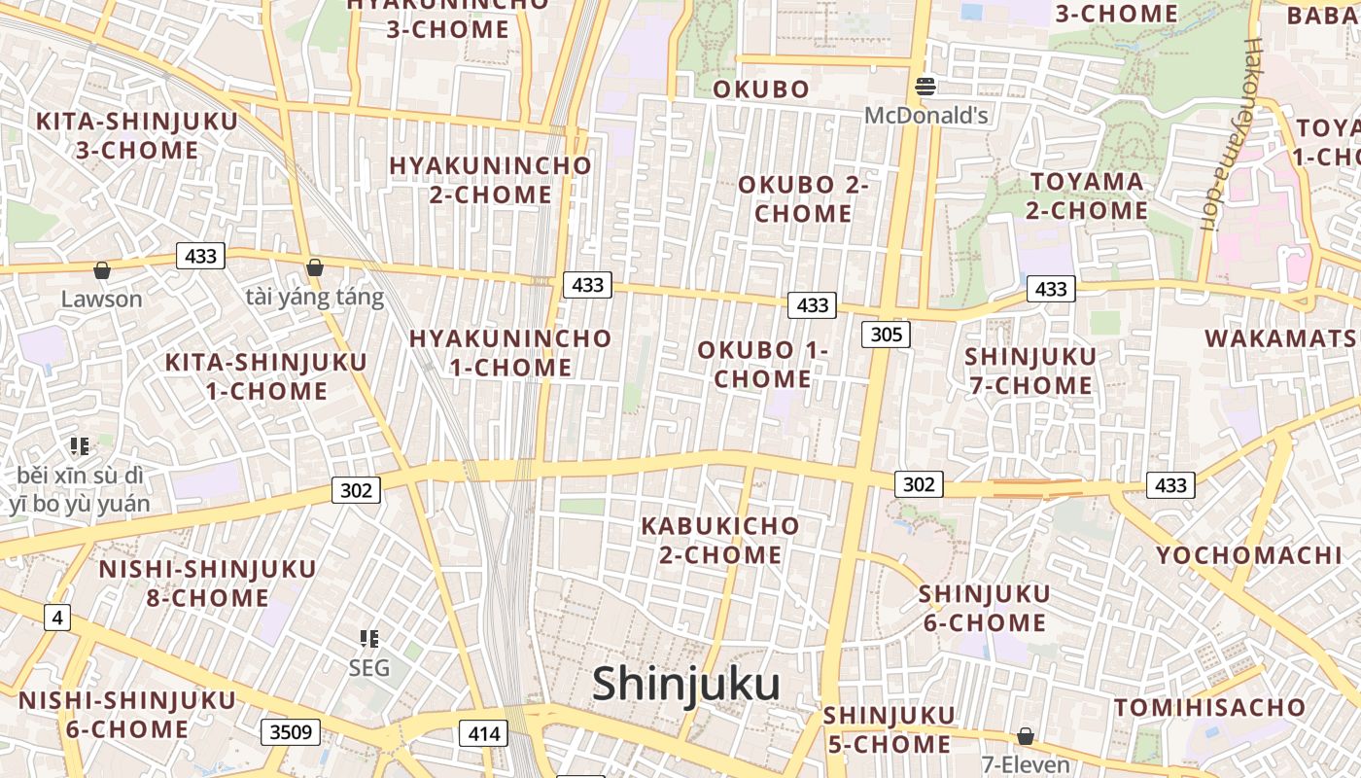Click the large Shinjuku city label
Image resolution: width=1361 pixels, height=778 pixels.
[x=686, y=683]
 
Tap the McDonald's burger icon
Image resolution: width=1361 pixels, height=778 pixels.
[x=925, y=87]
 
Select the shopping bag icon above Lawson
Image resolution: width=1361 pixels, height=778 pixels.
[x=101, y=269]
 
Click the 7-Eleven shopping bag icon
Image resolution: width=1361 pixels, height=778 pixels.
[x=1025, y=735]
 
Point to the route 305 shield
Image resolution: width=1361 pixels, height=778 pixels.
[x=885, y=335]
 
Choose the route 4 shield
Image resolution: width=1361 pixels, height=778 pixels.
[x=57, y=617]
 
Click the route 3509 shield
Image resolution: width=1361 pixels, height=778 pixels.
[x=291, y=731]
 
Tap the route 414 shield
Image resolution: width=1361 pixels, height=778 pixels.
[x=483, y=733]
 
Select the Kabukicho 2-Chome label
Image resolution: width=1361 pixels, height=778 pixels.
[x=719, y=540]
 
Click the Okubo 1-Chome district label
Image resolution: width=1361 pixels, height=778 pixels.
[x=763, y=364]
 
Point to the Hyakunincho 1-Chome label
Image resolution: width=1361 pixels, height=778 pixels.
[x=510, y=352]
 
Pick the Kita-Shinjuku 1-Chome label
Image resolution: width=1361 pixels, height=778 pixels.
[x=266, y=376]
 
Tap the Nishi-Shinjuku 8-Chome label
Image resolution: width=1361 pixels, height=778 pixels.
[x=207, y=583]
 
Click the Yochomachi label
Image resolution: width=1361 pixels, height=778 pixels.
[x=1248, y=555]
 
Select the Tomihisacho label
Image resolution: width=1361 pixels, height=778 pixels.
[x=1209, y=707]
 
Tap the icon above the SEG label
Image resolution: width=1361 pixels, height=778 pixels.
[x=369, y=639]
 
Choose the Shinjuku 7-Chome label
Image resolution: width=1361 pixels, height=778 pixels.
[x=1029, y=371]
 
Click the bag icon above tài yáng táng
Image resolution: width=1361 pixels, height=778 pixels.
[x=314, y=267]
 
